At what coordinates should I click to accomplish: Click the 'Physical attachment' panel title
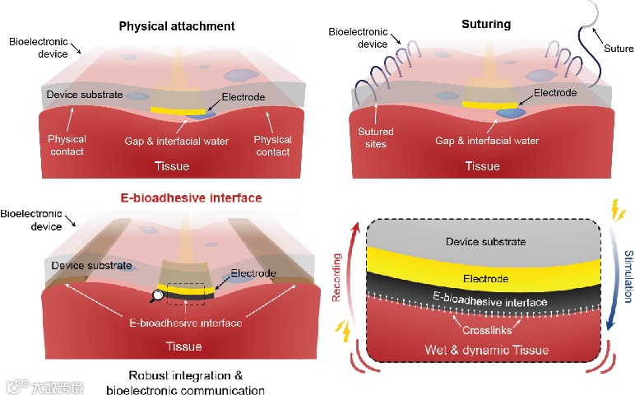[177, 26]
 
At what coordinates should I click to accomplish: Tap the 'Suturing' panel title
[486, 24]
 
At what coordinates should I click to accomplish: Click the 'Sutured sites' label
[375, 137]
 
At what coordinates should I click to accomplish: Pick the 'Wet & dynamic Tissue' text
[484, 351]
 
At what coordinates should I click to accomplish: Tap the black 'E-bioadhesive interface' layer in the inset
[484, 303]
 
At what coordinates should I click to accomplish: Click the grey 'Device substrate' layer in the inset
[484, 242]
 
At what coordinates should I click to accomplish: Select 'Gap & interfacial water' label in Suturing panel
[487, 141]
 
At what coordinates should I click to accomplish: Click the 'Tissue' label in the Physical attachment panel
[172, 166]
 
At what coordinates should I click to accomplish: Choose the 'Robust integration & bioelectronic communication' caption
[185, 383]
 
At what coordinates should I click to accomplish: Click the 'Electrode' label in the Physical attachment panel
[243, 97]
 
